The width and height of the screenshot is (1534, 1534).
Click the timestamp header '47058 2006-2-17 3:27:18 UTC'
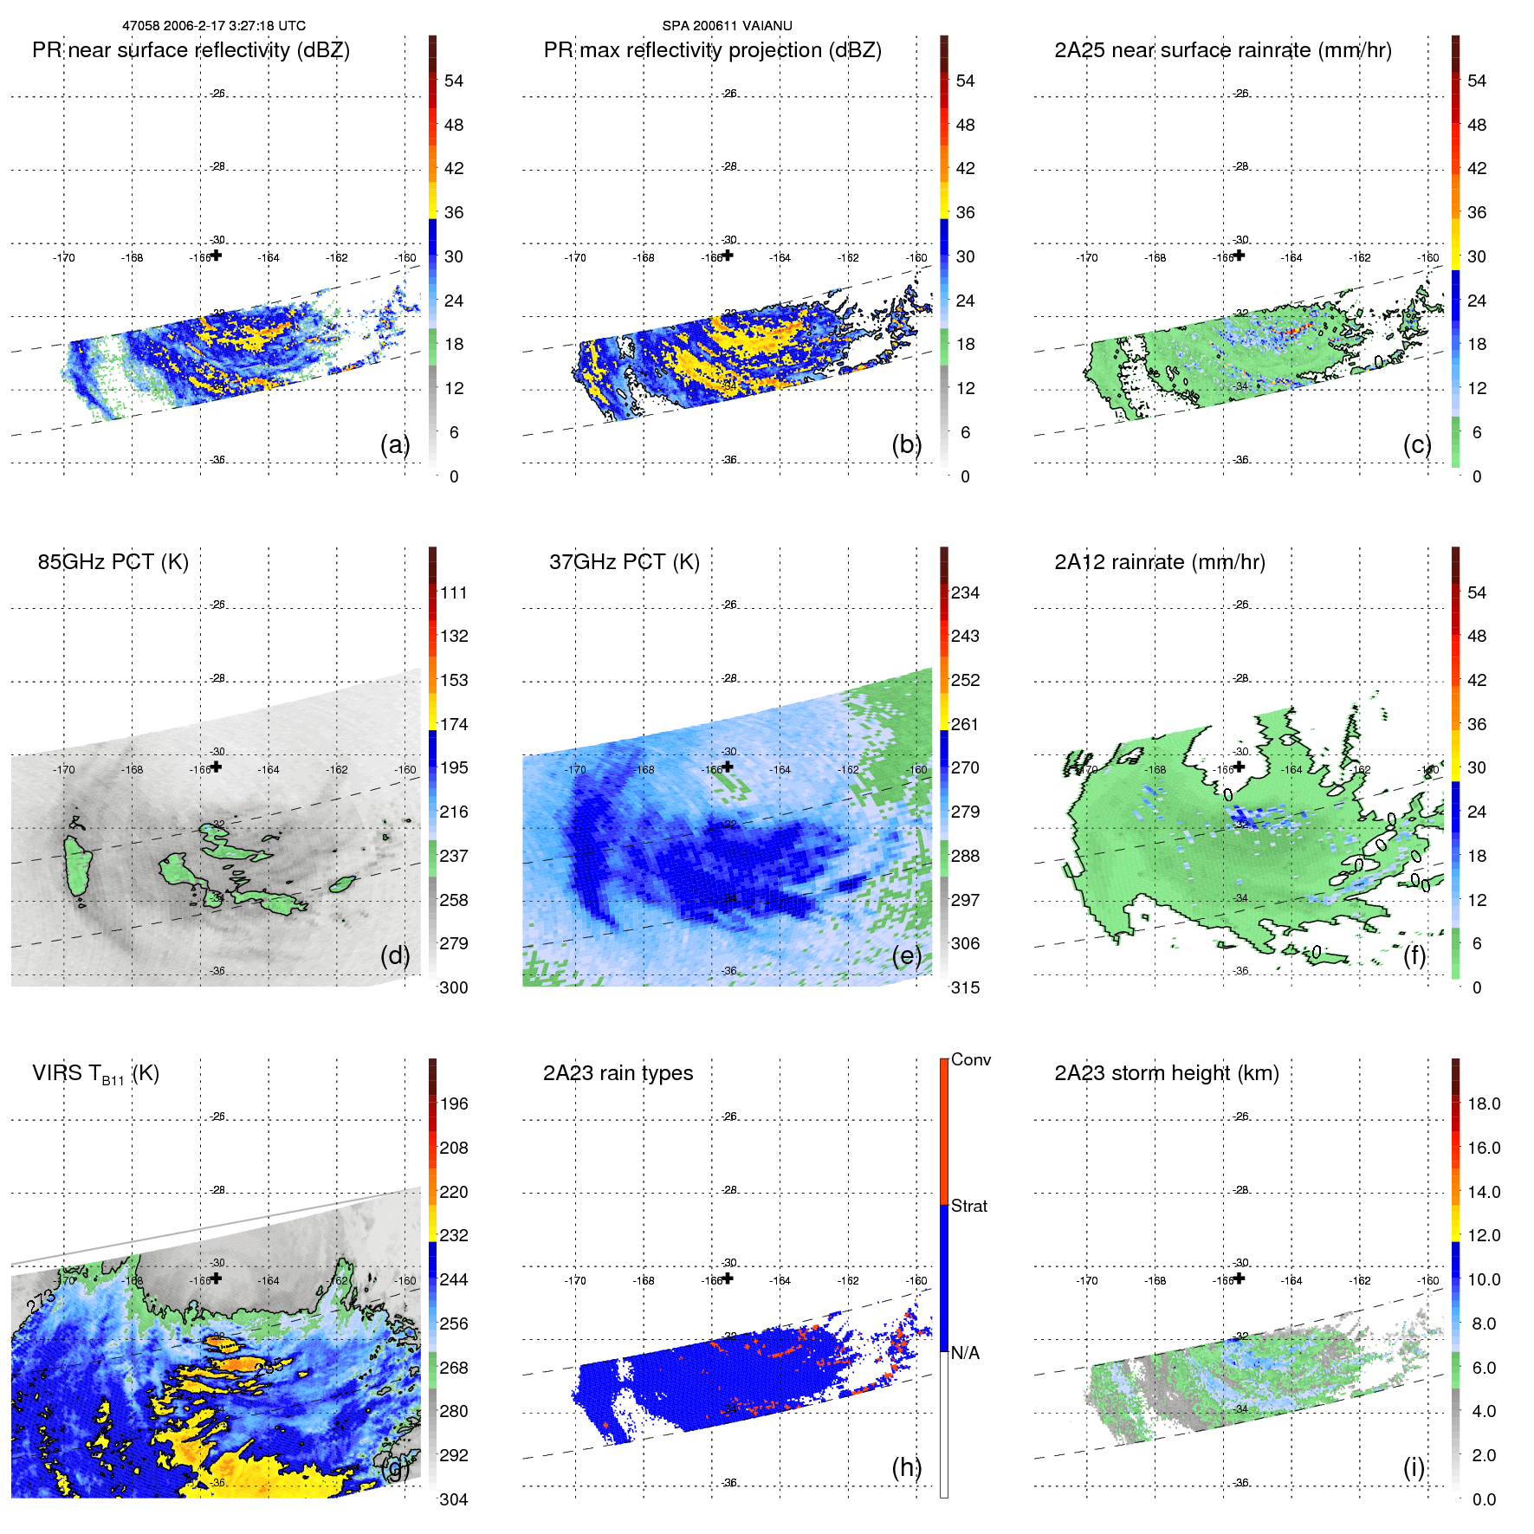click(213, 26)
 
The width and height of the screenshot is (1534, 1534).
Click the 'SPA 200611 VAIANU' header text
click(727, 26)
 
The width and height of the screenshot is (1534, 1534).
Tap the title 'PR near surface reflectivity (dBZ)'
click(191, 50)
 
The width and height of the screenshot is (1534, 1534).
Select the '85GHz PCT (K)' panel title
click(113, 562)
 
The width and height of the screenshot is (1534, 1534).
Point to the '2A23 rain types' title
click(618, 1073)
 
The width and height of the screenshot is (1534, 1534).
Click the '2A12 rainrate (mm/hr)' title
click(1159, 562)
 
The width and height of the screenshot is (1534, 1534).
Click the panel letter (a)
click(394, 444)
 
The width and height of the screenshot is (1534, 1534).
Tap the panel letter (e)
click(906, 955)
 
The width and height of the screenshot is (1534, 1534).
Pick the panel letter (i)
click(1414, 1467)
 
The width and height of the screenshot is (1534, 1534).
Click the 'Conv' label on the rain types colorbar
click(970, 1059)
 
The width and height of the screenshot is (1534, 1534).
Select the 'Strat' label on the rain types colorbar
click(968, 1206)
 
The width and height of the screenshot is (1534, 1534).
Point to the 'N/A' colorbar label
click(965, 1353)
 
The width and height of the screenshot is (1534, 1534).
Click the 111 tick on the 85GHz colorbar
click(453, 592)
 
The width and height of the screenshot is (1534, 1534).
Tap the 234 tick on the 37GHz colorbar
click(965, 592)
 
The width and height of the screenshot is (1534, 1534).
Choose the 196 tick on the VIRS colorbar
click(453, 1104)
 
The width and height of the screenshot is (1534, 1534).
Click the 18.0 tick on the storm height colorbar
click(1483, 1104)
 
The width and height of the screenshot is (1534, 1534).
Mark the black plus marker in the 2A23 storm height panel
click(1239, 1278)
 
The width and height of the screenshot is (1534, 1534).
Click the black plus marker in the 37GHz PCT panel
click(728, 767)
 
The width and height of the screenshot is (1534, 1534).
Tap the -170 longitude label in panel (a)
click(63, 257)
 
